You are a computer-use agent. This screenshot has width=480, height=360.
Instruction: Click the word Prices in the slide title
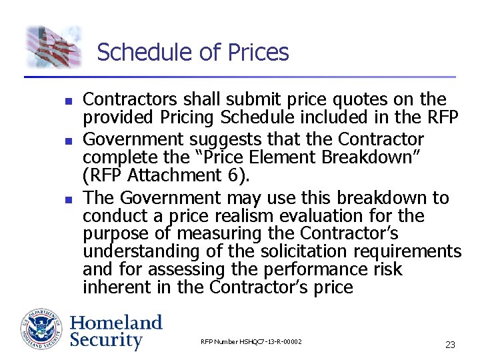click(255, 52)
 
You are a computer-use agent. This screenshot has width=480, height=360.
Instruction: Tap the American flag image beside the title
click(54, 47)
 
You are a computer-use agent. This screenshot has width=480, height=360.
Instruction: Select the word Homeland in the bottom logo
click(116, 323)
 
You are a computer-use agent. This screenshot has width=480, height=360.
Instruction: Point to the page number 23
click(450, 345)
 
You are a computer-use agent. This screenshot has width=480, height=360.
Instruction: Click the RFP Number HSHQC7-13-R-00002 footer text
click(251, 342)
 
